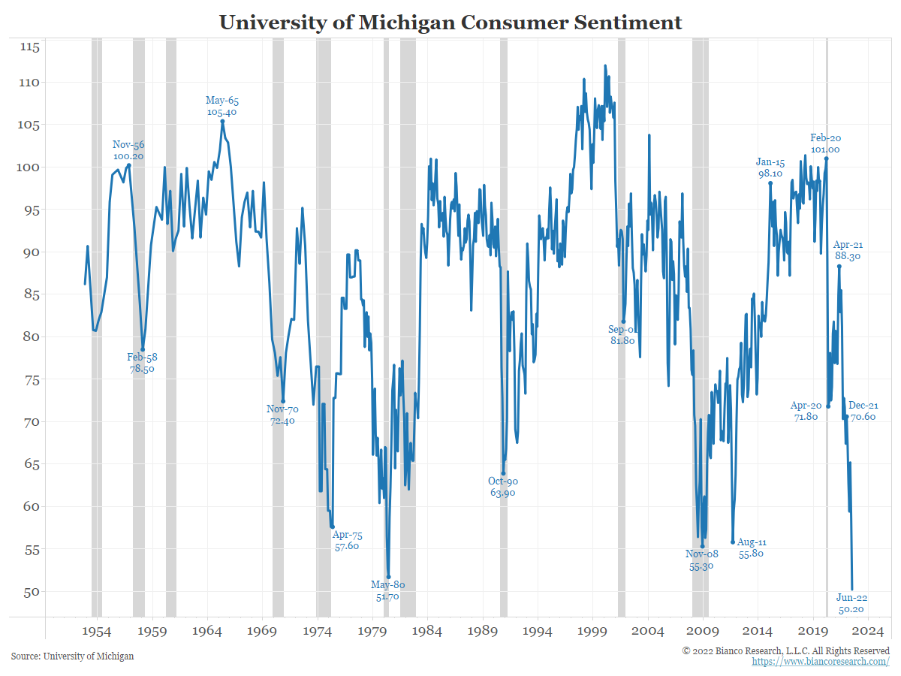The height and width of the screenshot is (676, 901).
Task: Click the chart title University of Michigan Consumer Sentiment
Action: (x=450, y=23)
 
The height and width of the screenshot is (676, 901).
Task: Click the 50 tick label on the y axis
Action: (x=30, y=591)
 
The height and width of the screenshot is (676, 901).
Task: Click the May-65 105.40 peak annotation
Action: (x=222, y=106)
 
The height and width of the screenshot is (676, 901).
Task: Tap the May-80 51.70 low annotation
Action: (x=387, y=590)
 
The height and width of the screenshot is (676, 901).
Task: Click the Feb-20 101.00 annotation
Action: (x=825, y=143)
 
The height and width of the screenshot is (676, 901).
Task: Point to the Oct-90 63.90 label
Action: (x=503, y=487)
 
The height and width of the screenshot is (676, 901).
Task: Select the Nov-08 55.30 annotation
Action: (x=701, y=560)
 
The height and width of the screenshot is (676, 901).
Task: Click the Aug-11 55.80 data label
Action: (x=752, y=548)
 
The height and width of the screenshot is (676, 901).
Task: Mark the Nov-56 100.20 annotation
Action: (x=128, y=150)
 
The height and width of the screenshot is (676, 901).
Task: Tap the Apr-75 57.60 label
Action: (x=347, y=541)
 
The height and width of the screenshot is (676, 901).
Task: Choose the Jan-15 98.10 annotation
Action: (x=770, y=167)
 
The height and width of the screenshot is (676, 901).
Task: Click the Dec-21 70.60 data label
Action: (x=863, y=411)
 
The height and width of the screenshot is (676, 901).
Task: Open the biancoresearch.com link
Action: (x=821, y=662)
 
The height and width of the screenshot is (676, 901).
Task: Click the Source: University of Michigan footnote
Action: (x=73, y=656)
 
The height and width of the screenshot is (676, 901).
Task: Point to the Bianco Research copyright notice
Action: (x=785, y=650)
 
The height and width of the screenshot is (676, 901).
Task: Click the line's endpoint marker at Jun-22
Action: (x=852, y=590)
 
